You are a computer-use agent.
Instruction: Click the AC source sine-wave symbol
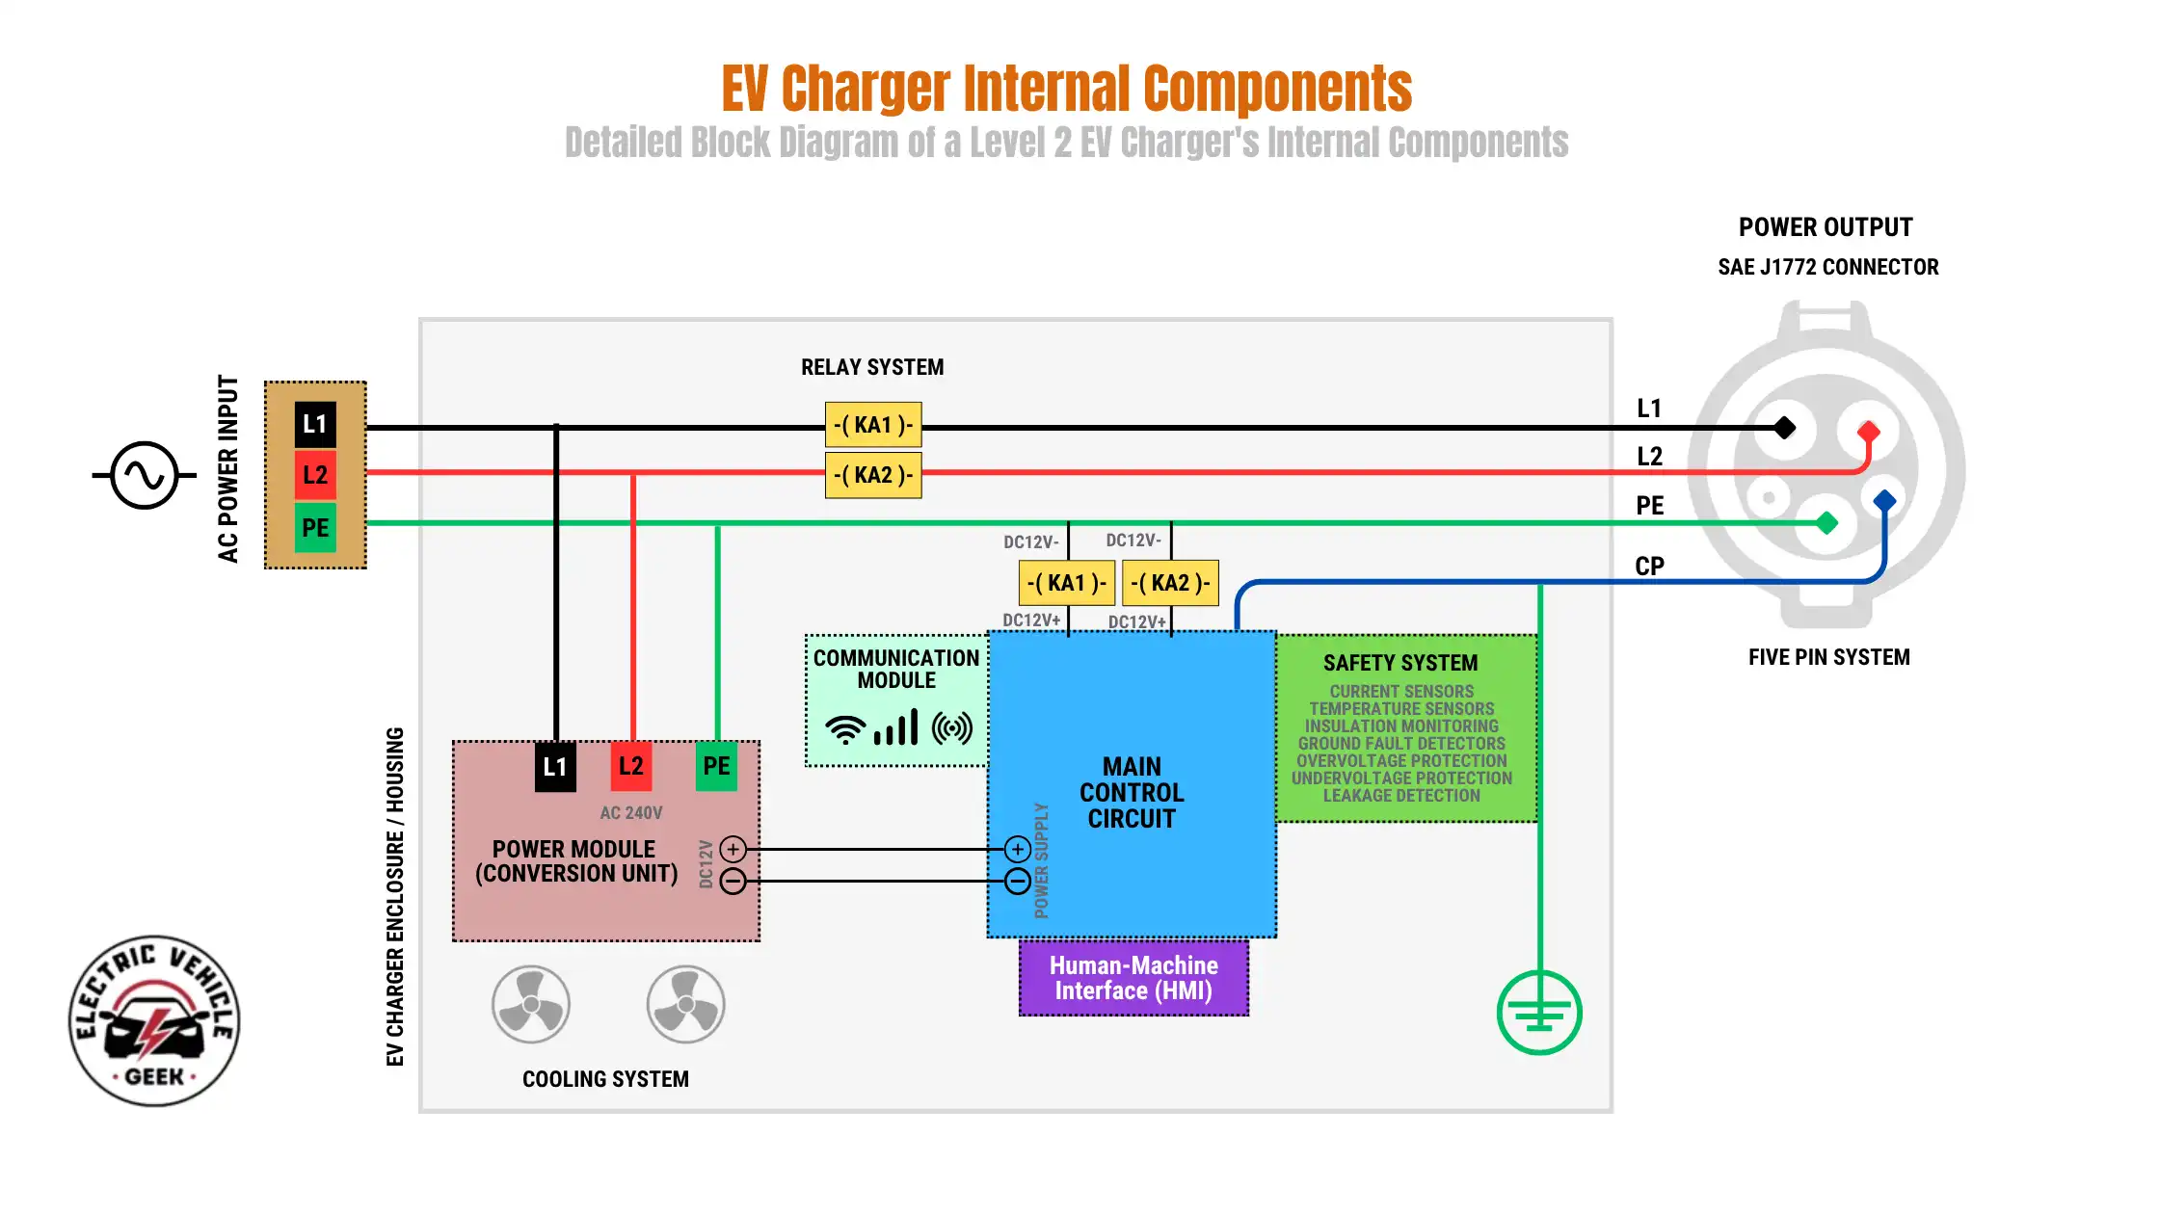click(x=145, y=475)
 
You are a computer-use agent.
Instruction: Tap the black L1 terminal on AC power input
click(x=315, y=424)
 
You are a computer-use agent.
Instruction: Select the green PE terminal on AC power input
click(x=315, y=527)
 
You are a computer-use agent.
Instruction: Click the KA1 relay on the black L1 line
click(x=873, y=425)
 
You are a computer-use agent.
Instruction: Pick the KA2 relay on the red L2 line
click(x=873, y=475)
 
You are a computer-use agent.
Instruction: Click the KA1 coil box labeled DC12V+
click(x=1066, y=583)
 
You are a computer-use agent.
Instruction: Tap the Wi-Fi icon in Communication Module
click(x=845, y=729)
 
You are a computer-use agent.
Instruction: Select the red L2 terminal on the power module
click(x=631, y=766)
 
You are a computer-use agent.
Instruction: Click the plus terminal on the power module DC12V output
click(x=733, y=849)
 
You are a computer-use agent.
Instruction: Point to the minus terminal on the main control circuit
click(x=1018, y=881)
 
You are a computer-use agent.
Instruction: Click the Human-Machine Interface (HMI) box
click(x=1133, y=978)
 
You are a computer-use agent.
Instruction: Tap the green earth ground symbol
click(x=1539, y=1013)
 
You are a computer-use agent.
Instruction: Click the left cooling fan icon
click(x=531, y=1004)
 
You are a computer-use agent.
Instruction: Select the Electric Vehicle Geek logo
click(x=154, y=1020)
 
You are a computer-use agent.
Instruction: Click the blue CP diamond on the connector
click(x=1884, y=500)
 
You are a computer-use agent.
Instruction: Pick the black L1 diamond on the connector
click(x=1784, y=427)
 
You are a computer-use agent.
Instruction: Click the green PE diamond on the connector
click(x=1826, y=523)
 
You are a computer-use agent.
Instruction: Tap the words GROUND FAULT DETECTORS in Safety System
click(x=1401, y=744)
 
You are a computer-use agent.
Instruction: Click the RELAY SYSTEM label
click(x=872, y=367)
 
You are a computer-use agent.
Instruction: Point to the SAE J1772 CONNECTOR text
click(x=1827, y=267)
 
